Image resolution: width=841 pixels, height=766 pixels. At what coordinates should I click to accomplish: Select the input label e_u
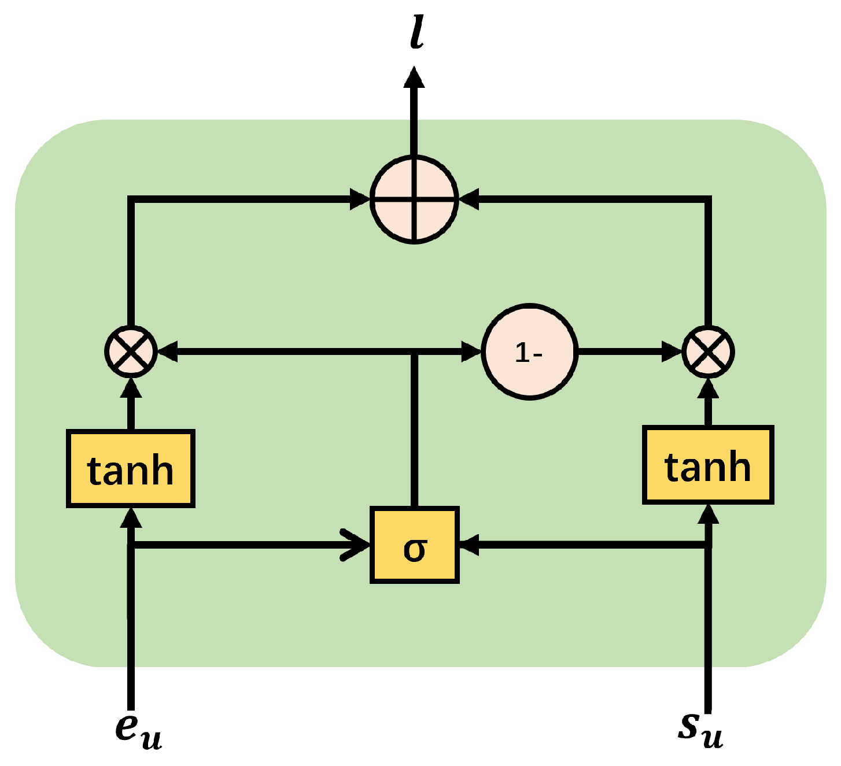[138, 731]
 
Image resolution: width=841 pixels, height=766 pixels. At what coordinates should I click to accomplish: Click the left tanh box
[131, 469]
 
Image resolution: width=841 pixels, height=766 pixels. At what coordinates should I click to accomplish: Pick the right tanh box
[708, 465]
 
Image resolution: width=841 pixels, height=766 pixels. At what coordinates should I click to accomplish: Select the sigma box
[415, 545]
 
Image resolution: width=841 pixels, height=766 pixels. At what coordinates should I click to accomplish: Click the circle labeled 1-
[530, 351]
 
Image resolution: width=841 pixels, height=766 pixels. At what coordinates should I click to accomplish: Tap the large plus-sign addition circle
[414, 199]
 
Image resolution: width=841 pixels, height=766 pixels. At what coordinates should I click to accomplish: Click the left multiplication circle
[131, 351]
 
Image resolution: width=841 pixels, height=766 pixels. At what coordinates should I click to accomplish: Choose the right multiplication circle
[708, 351]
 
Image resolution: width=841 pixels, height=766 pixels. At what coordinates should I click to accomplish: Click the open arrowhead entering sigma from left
[356, 545]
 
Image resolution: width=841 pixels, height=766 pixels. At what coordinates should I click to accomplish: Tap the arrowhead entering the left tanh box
[131, 518]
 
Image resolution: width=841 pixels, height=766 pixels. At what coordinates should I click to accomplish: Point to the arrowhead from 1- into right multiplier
[672, 351]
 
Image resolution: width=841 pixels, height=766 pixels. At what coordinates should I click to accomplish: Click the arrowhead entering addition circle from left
[360, 199]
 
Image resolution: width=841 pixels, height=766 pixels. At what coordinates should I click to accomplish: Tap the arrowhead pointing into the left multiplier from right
[168, 351]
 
